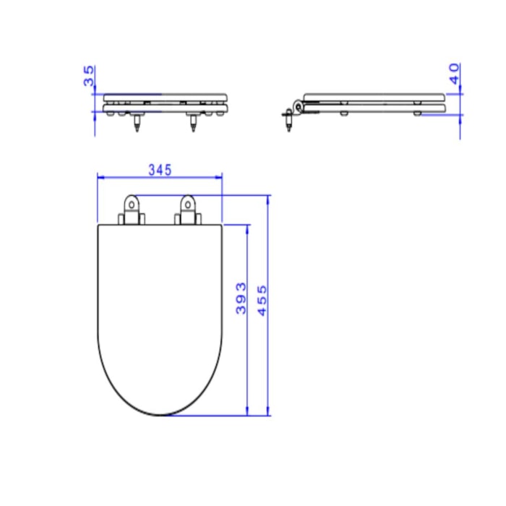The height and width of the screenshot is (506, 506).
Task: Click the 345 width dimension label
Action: pyautogui.click(x=160, y=170)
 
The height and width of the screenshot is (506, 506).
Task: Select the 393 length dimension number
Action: pyautogui.click(x=241, y=298)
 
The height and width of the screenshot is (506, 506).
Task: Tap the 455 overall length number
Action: pyautogui.click(x=262, y=301)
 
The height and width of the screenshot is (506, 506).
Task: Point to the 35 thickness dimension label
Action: pyautogui.click(x=89, y=76)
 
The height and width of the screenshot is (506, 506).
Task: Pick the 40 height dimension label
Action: pyautogui.click(x=455, y=74)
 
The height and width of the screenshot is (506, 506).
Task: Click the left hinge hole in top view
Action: pyautogui.click(x=132, y=205)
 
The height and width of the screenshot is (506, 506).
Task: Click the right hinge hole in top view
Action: pyautogui.click(x=187, y=205)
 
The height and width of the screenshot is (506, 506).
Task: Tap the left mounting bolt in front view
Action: pyautogui.click(x=137, y=122)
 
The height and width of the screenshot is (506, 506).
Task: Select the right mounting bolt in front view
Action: pyautogui.click(x=193, y=122)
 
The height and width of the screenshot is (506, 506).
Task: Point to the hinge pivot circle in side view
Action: pyautogui.click(x=299, y=106)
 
